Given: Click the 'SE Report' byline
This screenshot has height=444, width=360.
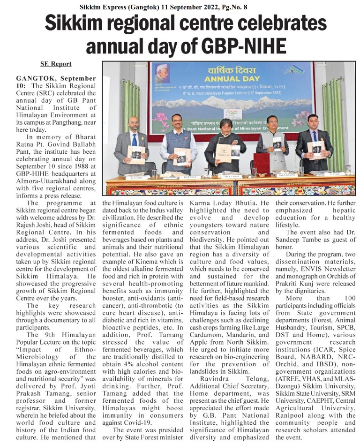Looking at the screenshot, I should [56, 64].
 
